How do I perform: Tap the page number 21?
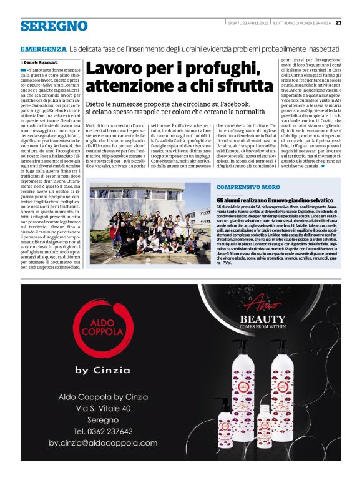[x=338, y=23]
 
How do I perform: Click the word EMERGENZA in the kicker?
[x=43, y=49]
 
